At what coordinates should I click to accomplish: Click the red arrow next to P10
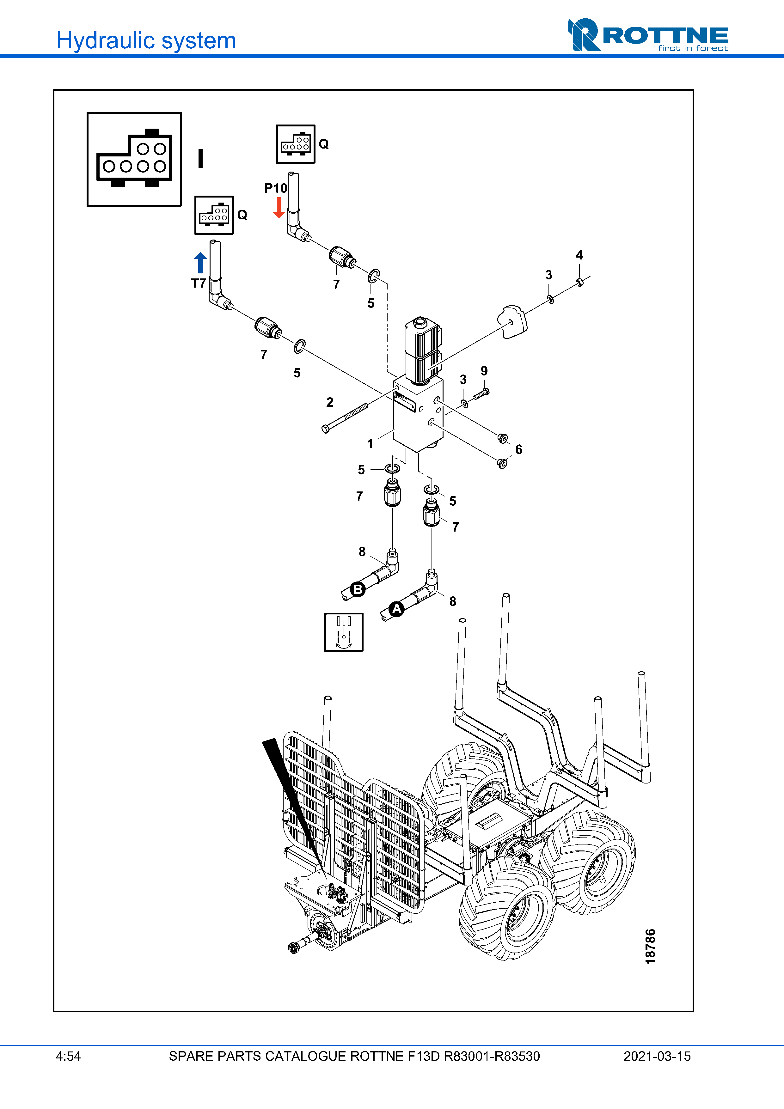tap(279, 208)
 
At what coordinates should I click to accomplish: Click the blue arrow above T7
tap(200, 263)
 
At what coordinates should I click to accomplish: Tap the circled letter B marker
tap(358, 589)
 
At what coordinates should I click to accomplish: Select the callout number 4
tap(579, 255)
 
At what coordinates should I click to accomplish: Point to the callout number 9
tap(484, 371)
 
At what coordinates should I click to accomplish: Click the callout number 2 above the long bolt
tap(329, 402)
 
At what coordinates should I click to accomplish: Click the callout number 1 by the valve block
tap(370, 443)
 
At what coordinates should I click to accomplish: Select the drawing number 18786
tap(651, 946)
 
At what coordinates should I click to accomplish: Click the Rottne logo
tap(648, 35)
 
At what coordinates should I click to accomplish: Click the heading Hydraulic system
tap(146, 40)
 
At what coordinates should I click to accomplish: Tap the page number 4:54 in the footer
tap(68, 1056)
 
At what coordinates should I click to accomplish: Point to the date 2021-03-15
tap(657, 1056)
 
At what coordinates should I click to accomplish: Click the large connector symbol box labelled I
tap(134, 159)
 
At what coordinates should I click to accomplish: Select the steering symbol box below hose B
tap(343, 632)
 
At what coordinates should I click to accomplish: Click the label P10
tap(275, 188)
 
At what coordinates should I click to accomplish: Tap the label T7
tap(198, 283)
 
